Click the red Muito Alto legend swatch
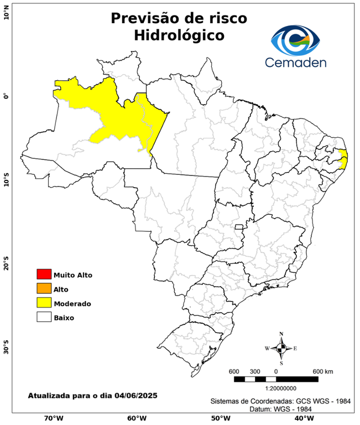click(44, 274)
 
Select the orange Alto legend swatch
click(44, 288)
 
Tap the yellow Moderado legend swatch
click(44, 303)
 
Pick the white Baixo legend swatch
click(44, 317)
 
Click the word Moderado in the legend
click(72, 303)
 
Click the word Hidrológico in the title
click(179, 35)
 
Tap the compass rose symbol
click(281, 348)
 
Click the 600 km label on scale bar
click(322, 371)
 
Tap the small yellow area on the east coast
click(343, 159)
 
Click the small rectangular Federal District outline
click(239, 227)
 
